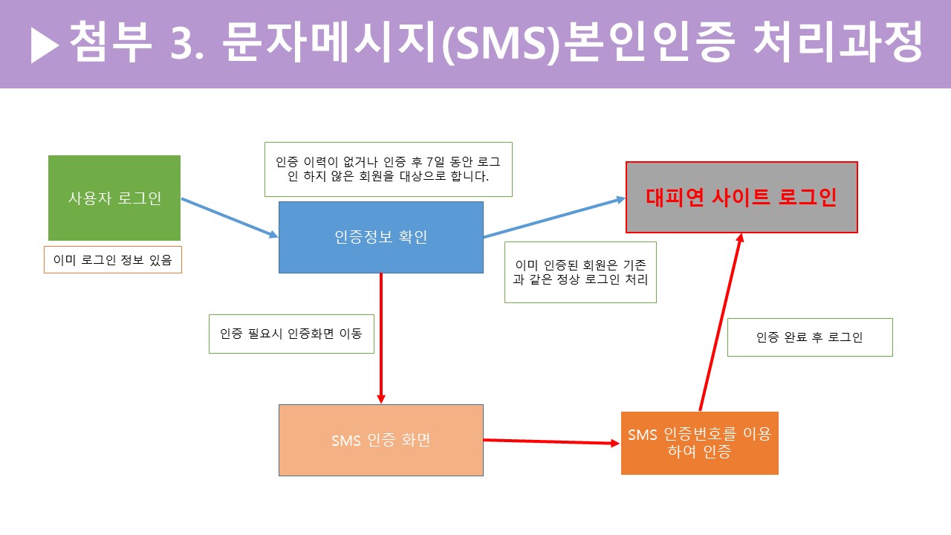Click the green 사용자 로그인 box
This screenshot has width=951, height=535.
pyautogui.click(x=114, y=198)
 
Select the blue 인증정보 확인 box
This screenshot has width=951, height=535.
pyautogui.click(x=380, y=237)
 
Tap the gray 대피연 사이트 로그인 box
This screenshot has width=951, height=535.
pyautogui.click(x=741, y=197)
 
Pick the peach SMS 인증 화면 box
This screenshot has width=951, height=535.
pyautogui.click(x=380, y=440)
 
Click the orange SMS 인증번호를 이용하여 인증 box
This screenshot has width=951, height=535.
pyautogui.click(x=699, y=443)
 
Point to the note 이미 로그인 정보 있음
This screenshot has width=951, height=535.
pyautogui.click(x=113, y=260)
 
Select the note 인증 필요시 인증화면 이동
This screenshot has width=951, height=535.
pyautogui.click(x=291, y=334)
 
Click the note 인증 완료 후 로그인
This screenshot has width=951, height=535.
pyautogui.click(x=810, y=337)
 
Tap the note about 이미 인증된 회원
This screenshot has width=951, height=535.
pyautogui.click(x=580, y=272)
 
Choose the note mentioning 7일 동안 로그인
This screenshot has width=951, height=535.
pyautogui.click(x=389, y=169)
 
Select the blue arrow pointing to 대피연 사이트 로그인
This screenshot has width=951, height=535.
pyautogui.click(x=554, y=218)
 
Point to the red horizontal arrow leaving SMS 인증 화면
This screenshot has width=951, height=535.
pyautogui.click(x=551, y=442)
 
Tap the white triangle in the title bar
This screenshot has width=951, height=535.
pyautogui.click(x=45, y=47)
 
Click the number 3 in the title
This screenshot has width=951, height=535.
pyautogui.click(x=185, y=43)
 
